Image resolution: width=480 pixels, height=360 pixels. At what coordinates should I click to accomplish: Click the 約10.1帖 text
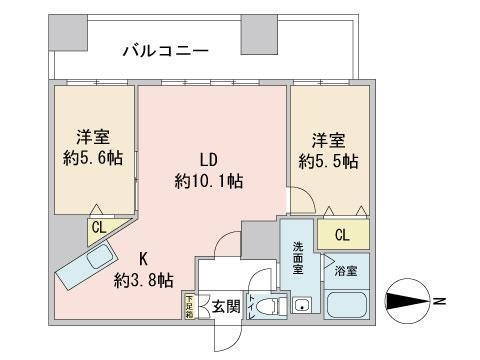tap(209, 181)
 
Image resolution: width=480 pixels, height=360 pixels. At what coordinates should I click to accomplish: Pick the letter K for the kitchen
tap(143, 258)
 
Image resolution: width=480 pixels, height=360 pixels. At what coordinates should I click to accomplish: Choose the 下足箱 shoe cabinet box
tap(189, 307)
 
